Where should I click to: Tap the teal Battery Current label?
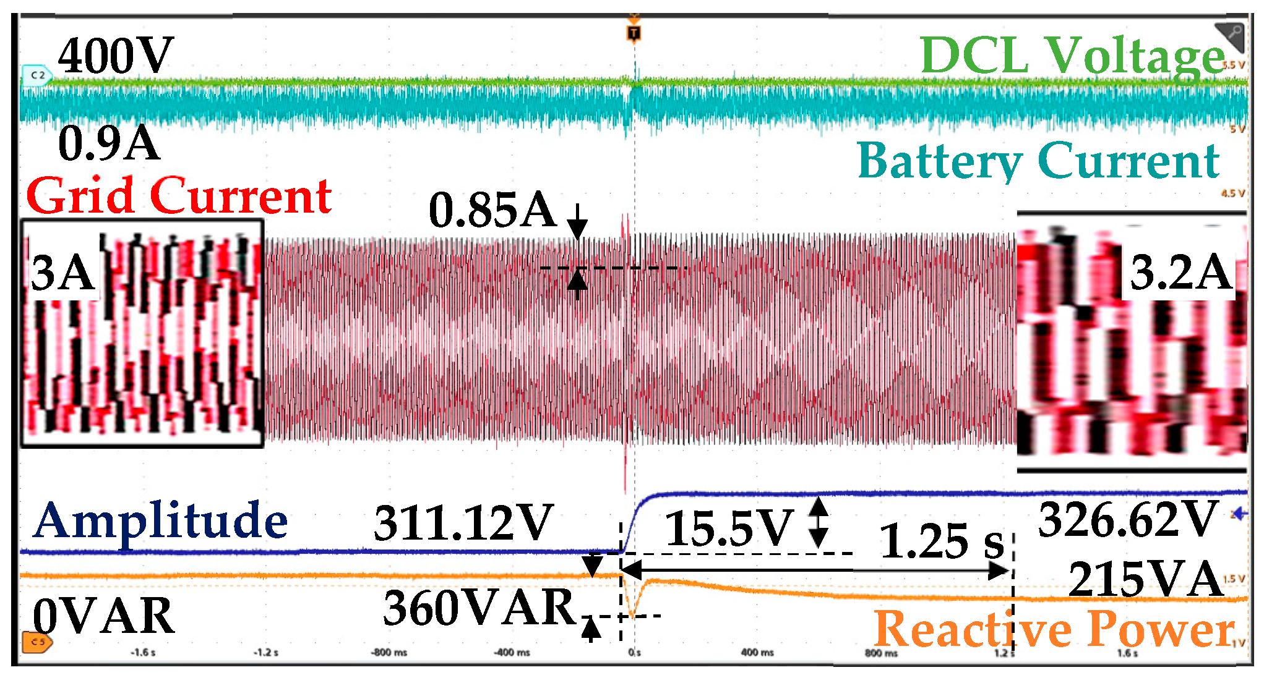1038,161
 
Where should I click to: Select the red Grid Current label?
179,195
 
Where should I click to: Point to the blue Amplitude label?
161,521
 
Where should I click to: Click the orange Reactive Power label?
1054,629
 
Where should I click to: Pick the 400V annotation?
116,56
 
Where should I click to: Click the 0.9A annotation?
109,143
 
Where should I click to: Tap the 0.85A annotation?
492,210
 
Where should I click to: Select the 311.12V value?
463,523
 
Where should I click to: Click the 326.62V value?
1128,519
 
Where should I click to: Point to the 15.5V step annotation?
728,529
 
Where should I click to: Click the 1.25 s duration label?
941,541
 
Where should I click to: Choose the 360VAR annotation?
479,608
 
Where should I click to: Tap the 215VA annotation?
1145,580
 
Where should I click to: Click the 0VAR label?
103,616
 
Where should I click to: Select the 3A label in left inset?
62,273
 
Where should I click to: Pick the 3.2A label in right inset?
1180,272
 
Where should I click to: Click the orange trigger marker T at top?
634,33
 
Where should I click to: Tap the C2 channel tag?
37,75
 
